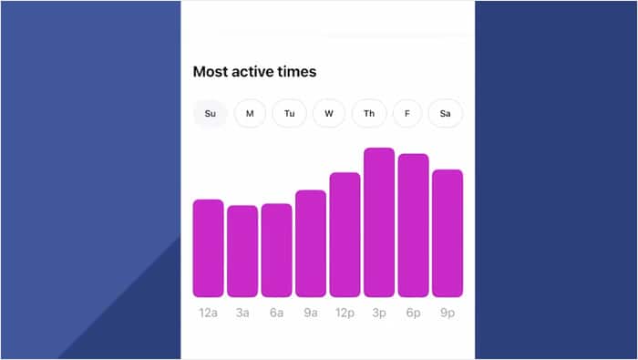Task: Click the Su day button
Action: [x=211, y=114]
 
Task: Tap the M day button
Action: [x=250, y=114]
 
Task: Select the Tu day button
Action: [x=289, y=114]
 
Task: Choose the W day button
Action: [x=328, y=114]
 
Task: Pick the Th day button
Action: [x=369, y=114]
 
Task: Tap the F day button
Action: [x=407, y=114]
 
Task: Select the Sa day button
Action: [x=446, y=114]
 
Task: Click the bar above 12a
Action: [x=208, y=248]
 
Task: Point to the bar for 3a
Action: [x=242, y=251]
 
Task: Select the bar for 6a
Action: [x=276, y=250]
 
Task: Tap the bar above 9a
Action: [x=311, y=243]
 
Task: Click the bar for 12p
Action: [x=345, y=234]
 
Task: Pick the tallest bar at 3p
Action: [x=379, y=222]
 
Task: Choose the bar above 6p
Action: [x=413, y=225]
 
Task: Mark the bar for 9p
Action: [x=448, y=232]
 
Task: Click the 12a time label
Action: [x=208, y=313]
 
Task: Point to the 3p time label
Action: [x=379, y=313]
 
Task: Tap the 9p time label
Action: [x=448, y=313]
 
